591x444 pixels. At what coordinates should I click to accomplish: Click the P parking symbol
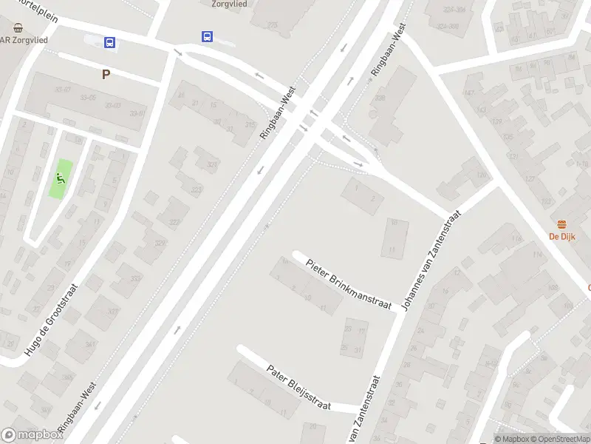pyautogui.click(x=106, y=74)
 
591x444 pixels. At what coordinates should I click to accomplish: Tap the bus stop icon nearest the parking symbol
pyautogui.click(x=110, y=43)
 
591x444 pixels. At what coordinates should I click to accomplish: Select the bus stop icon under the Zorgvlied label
pyautogui.click(x=208, y=36)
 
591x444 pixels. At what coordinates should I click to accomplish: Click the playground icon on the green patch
pyautogui.click(x=58, y=178)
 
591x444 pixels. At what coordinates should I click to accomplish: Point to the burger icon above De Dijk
pyautogui.click(x=562, y=224)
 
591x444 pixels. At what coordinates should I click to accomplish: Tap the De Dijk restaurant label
pyautogui.click(x=562, y=237)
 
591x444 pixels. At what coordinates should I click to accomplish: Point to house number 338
pyautogui.click(x=380, y=98)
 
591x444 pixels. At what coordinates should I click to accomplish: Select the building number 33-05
pyautogui.click(x=88, y=97)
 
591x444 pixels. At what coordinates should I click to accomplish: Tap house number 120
pyautogui.click(x=482, y=175)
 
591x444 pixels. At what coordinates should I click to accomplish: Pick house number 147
pyautogui.click(x=468, y=92)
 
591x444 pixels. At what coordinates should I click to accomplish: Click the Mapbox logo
pyautogui.click(x=32, y=435)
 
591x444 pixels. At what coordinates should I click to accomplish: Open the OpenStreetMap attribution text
pyautogui.click(x=559, y=440)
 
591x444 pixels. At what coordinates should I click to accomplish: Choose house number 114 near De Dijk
pyautogui.click(x=537, y=255)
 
